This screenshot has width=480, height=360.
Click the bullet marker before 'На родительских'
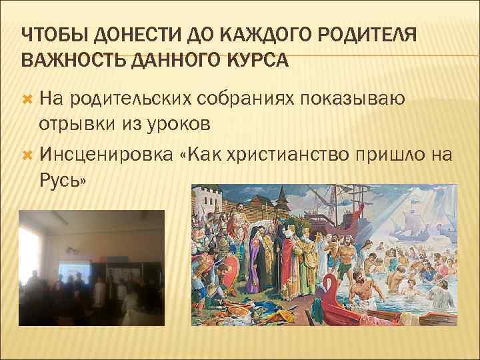click(x=27, y=101)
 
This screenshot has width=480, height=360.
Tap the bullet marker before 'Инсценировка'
click(x=27, y=155)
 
